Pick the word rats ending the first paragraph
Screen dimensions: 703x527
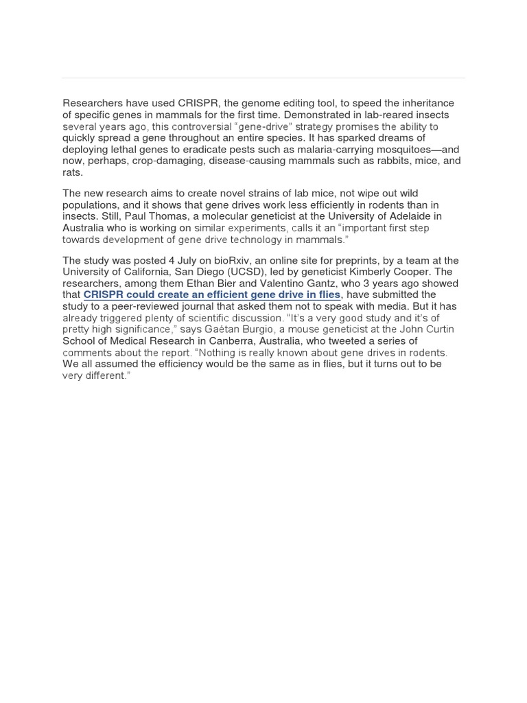pos(72,172)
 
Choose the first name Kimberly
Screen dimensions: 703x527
pos(371,272)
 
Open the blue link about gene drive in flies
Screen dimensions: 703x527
pos(212,295)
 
